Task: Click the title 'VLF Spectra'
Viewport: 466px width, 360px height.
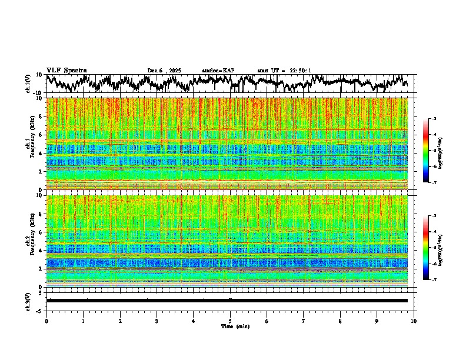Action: tap(66, 70)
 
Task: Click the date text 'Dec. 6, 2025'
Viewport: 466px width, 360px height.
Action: tap(164, 71)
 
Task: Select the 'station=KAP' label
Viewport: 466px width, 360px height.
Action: tap(218, 71)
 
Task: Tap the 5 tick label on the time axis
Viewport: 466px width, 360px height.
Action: tap(230, 321)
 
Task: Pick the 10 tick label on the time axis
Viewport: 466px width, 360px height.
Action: tap(414, 321)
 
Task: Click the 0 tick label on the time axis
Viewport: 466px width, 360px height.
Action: tap(46, 321)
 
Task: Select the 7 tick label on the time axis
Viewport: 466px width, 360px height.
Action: tap(304, 321)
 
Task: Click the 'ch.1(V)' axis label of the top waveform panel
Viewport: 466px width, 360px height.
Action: tap(28, 84)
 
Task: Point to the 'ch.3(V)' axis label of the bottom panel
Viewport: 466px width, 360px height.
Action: tap(28, 300)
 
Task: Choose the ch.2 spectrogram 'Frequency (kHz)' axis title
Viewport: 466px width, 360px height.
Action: tap(30, 241)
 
